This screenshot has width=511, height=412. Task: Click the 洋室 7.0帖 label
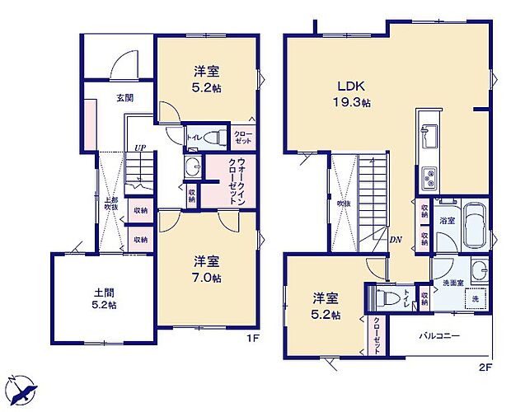click(x=207, y=268)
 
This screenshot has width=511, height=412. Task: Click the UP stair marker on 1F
click(x=140, y=149)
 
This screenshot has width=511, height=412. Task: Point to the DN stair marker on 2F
click(x=395, y=241)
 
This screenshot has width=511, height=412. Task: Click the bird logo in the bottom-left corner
click(x=22, y=389)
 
